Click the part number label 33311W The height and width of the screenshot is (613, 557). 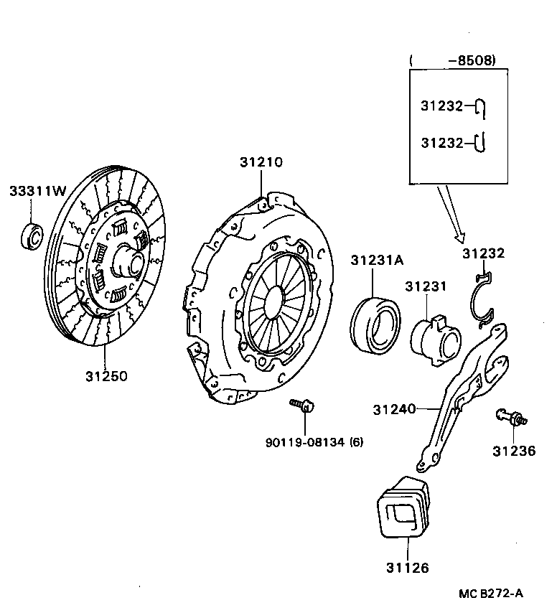tap(37, 191)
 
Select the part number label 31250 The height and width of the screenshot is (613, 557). tap(106, 376)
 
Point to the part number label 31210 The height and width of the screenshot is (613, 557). tap(261, 163)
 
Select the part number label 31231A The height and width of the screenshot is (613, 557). tap(377, 261)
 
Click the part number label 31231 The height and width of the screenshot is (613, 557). tap(425, 286)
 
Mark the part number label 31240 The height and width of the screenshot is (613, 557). tap(394, 410)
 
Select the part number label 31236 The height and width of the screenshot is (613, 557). tap(513, 451)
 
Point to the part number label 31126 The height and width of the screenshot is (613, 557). tap(406, 568)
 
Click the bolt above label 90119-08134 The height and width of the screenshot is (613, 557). tap(302, 407)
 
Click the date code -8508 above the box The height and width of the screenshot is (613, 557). tap(471, 61)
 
